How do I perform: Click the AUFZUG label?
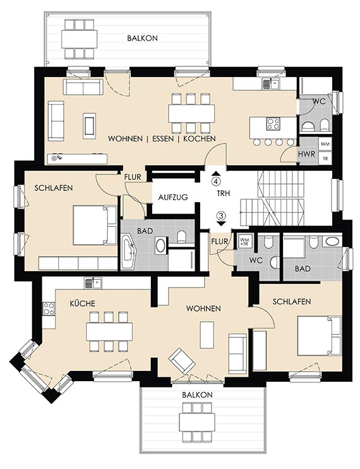(x=173, y=197)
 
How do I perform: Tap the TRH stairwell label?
(x=224, y=193)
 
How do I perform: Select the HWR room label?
(x=306, y=154)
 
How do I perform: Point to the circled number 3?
(x=221, y=216)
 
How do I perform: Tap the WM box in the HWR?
(x=325, y=144)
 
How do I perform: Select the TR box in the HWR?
(x=325, y=159)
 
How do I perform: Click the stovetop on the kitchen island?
(x=273, y=124)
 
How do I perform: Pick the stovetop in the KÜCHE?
(x=49, y=308)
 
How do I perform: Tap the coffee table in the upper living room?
(x=89, y=126)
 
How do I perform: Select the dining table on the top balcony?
(x=80, y=39)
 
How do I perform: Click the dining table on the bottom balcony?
(x=197, y=422)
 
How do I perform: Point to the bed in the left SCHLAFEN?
(x=95, y=225)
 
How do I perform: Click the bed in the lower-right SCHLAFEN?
(x=319, y=336)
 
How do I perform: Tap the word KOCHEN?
(x=200, y=139)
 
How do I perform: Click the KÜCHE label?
(x=83, y=303)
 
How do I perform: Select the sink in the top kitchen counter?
(x=271, y=83)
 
